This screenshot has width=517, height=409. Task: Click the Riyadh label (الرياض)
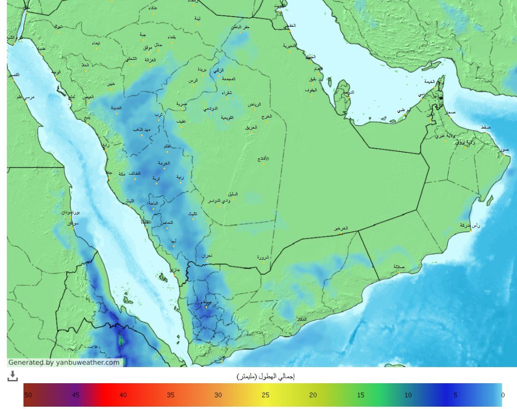[255, 105]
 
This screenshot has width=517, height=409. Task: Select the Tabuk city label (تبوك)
[58, 26]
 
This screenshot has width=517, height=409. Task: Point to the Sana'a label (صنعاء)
[206, 302]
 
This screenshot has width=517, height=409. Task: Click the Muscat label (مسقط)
[486, 127]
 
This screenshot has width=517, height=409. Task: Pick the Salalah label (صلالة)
[399, 267]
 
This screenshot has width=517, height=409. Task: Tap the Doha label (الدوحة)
[349, 92]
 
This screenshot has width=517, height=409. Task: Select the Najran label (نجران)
[206, 256]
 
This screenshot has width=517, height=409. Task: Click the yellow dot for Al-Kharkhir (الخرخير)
[341, 233]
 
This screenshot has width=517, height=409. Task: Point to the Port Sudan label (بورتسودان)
[71, 213]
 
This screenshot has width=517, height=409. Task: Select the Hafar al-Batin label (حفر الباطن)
[240, 27]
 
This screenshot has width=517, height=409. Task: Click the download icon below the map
[12, 376]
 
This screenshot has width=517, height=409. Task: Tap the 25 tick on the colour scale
[266, 395]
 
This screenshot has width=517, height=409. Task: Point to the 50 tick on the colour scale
[28, 395]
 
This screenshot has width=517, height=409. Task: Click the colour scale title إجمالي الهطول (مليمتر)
[265, 376]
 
